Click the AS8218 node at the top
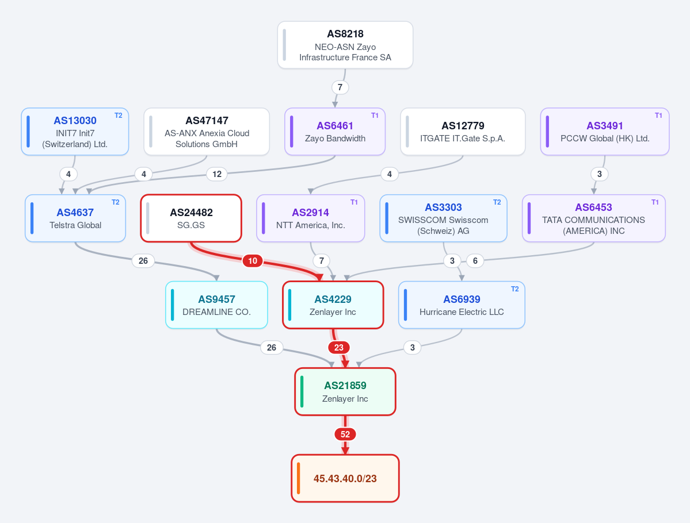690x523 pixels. tap(345, 45)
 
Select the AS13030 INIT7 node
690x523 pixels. tap(75, 132)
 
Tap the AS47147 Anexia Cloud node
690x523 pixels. tap(207, 132)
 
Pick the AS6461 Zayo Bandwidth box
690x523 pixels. tap(335, 132)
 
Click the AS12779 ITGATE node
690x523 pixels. tap(463, 132)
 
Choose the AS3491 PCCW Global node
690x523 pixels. tap(605, 132)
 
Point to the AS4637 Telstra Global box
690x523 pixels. tap(75, 218)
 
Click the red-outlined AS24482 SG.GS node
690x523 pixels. tap(191, 218)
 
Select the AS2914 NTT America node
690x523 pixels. tap(311, 218)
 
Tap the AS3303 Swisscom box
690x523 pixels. tap(443, 218)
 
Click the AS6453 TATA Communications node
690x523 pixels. tap(594, 218)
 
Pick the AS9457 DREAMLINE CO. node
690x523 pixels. tap(216, 305)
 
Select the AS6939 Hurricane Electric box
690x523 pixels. tap(462, 305)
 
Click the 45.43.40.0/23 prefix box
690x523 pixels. tap(345, 478)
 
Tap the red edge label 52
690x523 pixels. tap(345, 434)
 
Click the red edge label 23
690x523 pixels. tap(339, 348)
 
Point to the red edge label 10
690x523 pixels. tap(253, 261)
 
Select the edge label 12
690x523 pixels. tap(217, 174)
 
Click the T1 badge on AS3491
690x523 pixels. tap(658, 115)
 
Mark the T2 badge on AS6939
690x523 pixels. tap(515, 289)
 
